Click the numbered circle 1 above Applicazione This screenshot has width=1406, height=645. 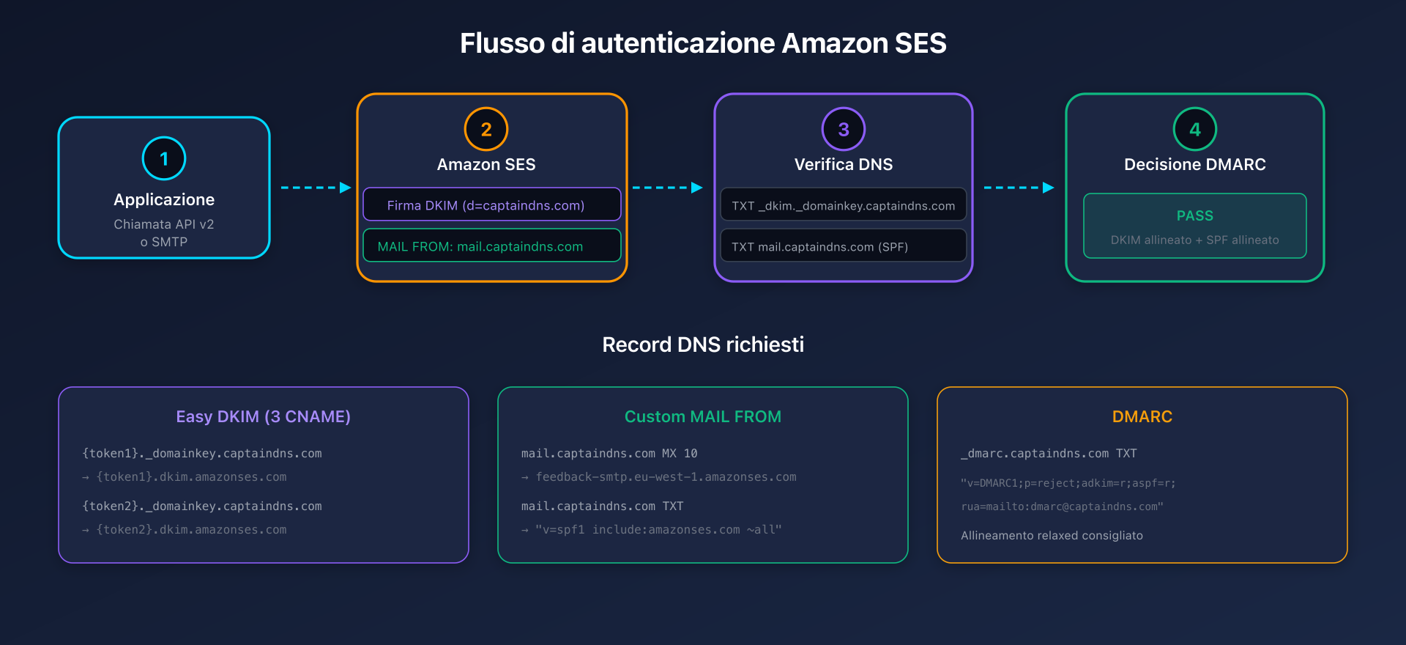164,158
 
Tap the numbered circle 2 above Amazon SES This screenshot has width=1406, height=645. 486,129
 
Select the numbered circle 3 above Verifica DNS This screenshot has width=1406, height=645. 844,129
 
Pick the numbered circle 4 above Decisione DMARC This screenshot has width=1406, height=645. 1195,129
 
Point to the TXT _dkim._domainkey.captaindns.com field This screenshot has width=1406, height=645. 844,204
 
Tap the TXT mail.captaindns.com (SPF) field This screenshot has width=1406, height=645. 844,246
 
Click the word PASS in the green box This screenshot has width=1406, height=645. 1195,215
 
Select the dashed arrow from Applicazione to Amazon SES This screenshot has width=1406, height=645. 316,188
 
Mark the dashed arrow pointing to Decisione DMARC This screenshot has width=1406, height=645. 1019,188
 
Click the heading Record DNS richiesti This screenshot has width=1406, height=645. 703,344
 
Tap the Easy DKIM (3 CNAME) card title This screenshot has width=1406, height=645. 264,416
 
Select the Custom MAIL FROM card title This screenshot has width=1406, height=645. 703,416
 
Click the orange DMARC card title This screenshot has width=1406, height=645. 1142,416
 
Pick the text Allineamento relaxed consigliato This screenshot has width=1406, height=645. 1052,536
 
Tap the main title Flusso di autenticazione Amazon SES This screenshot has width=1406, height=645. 703,43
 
